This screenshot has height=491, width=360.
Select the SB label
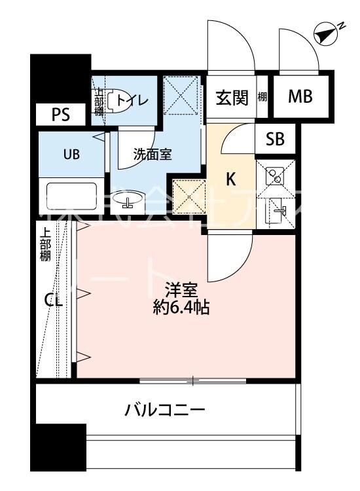coord(275,139)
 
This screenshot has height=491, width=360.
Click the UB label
coord(71,155)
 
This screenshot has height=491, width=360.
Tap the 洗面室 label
coord(153,155)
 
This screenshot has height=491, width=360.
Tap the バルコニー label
coord(166,410)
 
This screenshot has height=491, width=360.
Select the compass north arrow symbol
coord(326,33)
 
